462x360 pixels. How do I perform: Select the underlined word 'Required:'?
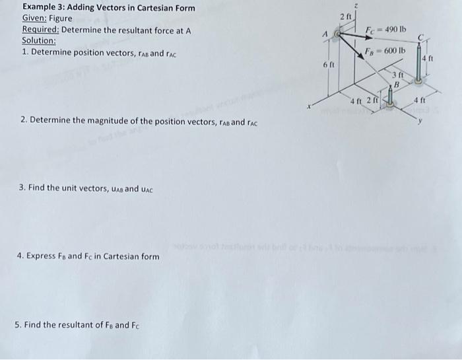pos(40,30)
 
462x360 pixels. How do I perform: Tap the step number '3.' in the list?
pos(23,188)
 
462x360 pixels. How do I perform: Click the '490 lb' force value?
pos(395,30)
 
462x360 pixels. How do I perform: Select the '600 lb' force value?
pos(395,51)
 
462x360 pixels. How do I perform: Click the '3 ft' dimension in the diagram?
pos(397,76)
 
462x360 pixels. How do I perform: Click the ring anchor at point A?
pos(339,31)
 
